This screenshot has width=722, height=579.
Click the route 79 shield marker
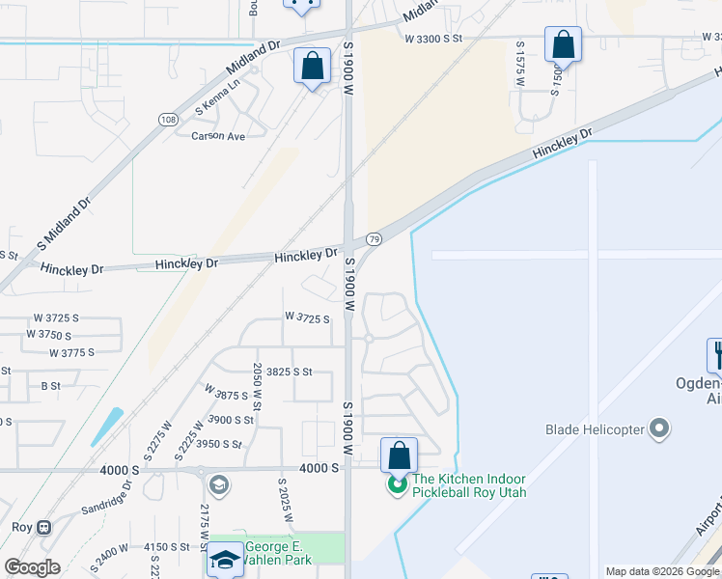[x=374, y=238]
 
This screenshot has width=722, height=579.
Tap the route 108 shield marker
[x=169, y=119]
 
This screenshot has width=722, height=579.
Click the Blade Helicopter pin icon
[x=660, y=428]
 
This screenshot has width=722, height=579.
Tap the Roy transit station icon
[x=42, y=528]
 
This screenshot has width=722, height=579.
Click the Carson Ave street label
[x=218, y=136]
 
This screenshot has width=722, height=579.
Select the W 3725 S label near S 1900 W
[x=307, y=317]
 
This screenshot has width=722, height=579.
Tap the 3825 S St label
[x=290, y=372]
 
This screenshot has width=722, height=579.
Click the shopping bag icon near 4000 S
[x=399, y=455]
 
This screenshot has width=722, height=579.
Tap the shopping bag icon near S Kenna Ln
[x=312, y=68]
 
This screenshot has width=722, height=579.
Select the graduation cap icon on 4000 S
[x=218, y=483]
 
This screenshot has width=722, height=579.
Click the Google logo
[x=32, y=567]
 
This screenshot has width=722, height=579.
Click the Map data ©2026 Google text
[x=662, y=571]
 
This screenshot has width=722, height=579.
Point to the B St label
[x=50, y=386]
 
